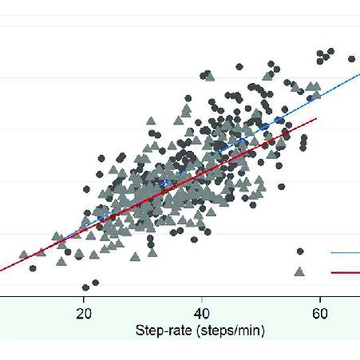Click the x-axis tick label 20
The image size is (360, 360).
83,314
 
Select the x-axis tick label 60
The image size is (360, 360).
320,314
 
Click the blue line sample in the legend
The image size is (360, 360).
345,253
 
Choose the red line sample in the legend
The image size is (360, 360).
345,272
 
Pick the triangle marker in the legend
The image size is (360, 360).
299,271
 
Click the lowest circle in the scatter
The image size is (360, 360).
85,287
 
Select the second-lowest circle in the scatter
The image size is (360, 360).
96,283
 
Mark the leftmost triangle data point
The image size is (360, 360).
23,255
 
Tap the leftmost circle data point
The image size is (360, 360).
33,268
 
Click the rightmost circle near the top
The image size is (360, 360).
351,58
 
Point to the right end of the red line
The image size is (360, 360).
318,119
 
